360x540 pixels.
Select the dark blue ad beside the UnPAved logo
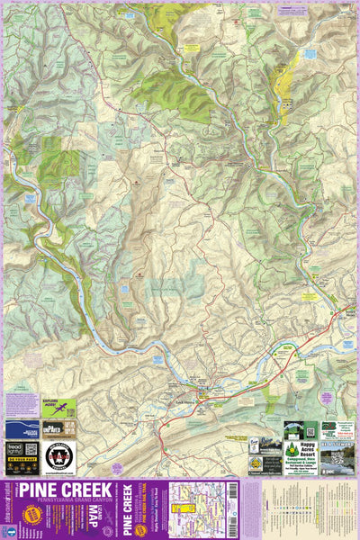[22, 428]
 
